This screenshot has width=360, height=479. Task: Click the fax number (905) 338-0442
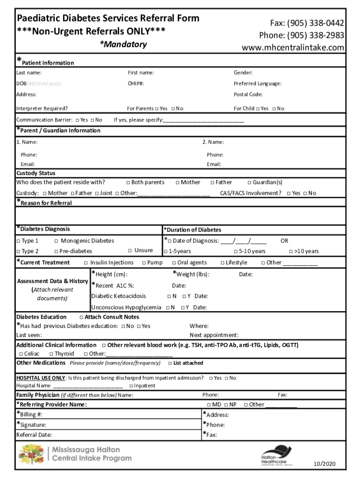point(316,23)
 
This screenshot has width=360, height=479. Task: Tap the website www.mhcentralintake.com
point(293,48)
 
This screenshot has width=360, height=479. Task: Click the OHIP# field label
point(136,84)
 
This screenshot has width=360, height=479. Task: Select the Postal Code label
point(248,94)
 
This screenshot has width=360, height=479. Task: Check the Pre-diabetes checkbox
point(56,252)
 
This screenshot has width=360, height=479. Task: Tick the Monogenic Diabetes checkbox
point(56,241)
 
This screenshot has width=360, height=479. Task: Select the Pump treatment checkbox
point(144,263)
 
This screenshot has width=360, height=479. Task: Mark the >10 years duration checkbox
point(291,252)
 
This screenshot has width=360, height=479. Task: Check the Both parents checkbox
point(128,182)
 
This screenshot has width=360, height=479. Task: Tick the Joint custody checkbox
point(96,193)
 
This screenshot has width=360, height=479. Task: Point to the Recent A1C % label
point(115,285)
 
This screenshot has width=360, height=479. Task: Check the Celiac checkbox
point(20,354)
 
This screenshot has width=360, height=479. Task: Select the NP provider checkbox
point(226,405)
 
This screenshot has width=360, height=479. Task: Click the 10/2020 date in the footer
point(324,464)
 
